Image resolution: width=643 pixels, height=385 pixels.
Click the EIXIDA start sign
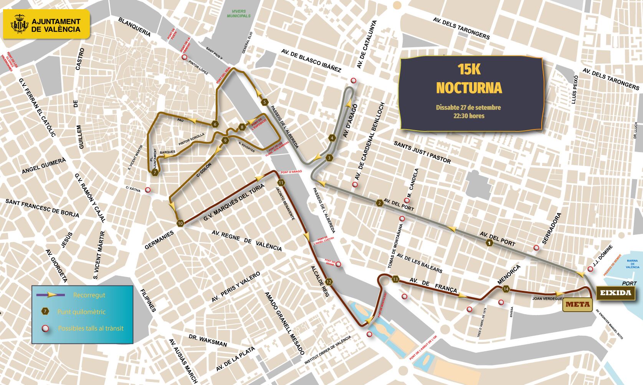(x=615, y=293)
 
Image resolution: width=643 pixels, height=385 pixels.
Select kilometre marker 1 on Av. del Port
(x=489, y=243)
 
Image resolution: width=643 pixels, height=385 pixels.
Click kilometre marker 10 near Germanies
(x=180, y=223)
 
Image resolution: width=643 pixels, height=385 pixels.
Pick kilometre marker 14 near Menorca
(x=506, y=289)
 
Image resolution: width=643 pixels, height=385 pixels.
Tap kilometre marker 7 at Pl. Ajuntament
(x=154, y=173)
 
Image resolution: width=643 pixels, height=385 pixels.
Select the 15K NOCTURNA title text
(x=469, y=78)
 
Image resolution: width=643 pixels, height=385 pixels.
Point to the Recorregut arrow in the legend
(x=49, y=295)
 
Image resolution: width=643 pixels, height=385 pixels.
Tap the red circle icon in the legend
(x=45, y=329)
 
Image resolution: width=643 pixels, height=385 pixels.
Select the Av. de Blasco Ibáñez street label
(x=311, y=61)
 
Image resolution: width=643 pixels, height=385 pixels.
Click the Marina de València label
(x=633, y=264)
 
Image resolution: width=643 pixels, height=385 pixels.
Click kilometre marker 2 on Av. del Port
(x=380, y=203)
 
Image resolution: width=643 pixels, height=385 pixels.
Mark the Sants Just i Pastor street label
(x=422, y=152)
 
